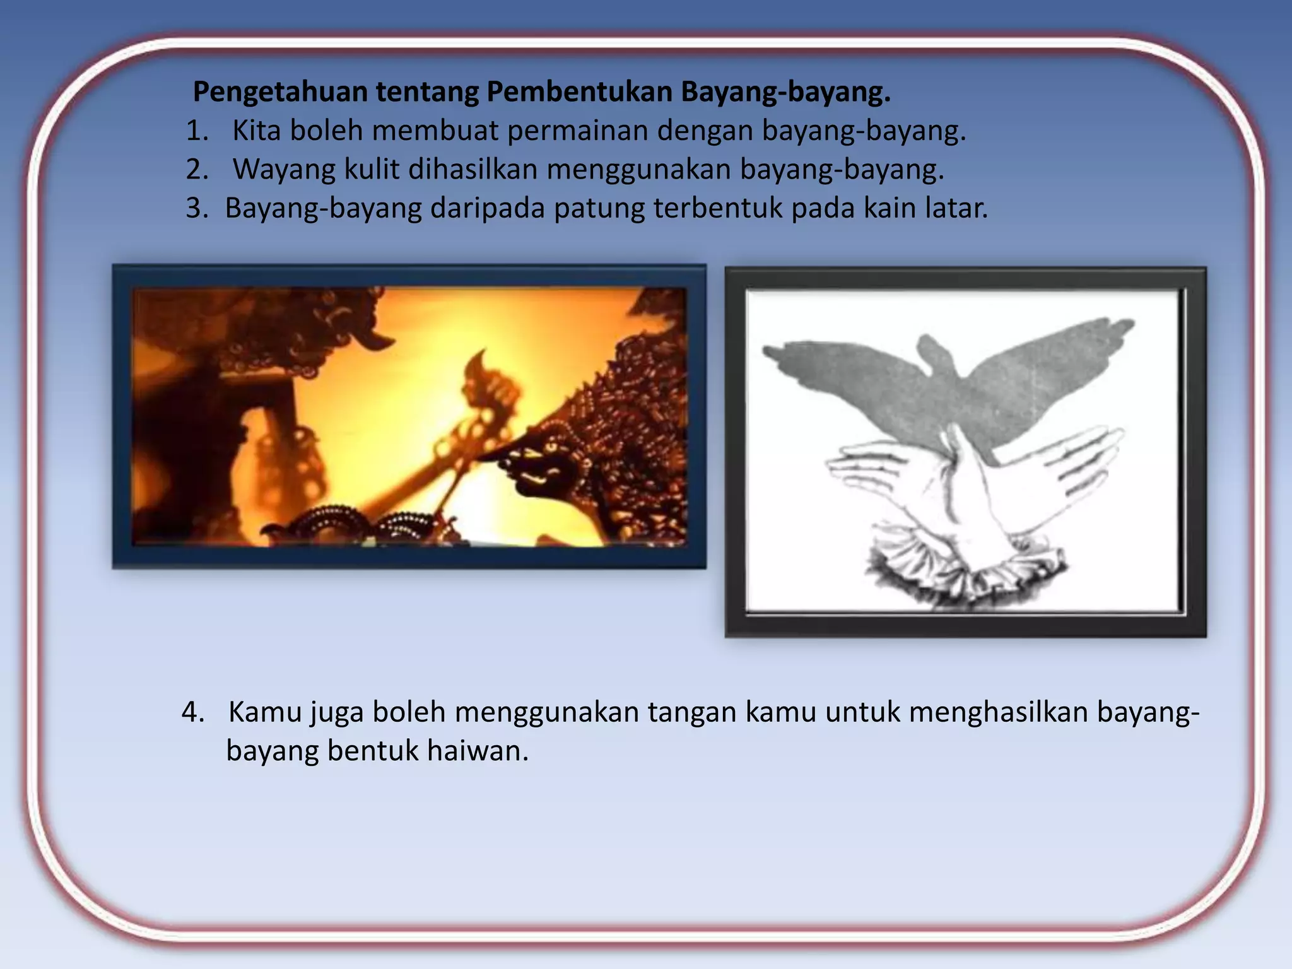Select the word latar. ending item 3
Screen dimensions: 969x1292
click(x=956, y=208)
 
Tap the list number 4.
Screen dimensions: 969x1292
click(x=192, y=712)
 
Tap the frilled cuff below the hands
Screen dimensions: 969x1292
click(x=965, y=568)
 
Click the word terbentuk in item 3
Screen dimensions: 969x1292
click(x=718, y=208)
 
